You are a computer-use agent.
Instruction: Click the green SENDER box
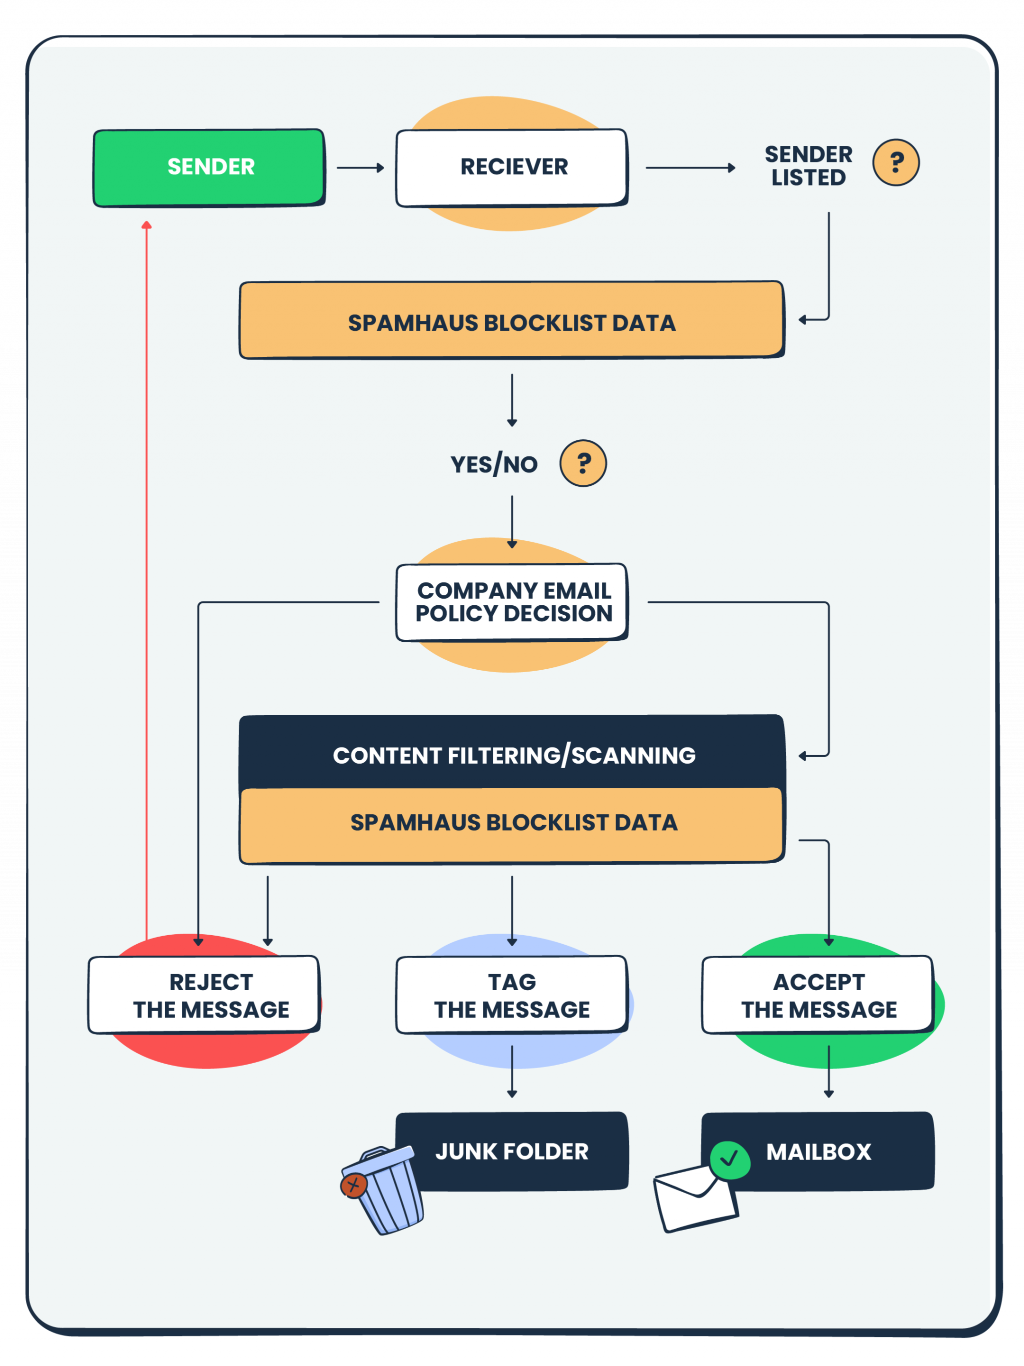click(209, 167)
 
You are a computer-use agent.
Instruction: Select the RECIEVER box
click(512, 167)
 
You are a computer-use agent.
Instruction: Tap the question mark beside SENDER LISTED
click(895, 162)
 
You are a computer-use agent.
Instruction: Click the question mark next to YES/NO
click(583, 463)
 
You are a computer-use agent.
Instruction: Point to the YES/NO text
click(494, 464)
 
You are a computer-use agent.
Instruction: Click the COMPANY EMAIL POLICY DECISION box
click(512, 602)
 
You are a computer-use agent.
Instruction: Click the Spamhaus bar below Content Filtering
click(512, 824)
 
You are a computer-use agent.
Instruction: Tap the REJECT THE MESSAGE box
click(204, 995)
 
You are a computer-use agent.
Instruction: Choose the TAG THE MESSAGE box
click(512, 995)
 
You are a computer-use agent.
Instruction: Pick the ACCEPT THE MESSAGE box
click(817, 995)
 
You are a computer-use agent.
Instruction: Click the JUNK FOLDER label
click(512, 1152)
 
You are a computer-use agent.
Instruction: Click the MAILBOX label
click(819, 1152)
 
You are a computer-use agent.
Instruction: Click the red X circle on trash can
click(354, 1185)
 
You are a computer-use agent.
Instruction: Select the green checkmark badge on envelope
click(729, 1160)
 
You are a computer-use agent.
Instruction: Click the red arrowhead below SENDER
click(146, 225)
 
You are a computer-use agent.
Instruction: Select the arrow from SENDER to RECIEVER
click(360, 167)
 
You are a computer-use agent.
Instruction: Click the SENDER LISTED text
click(808, 165)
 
